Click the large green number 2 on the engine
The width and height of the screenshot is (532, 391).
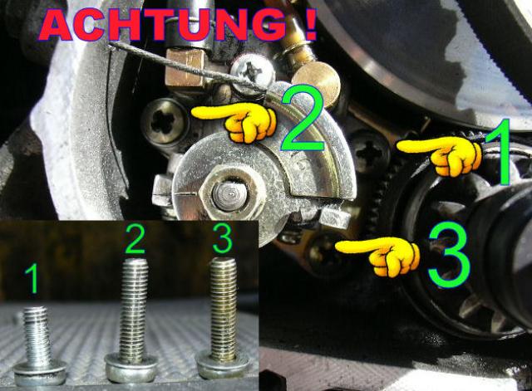[303, 118]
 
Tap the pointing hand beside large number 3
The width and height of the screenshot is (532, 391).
[377, 255]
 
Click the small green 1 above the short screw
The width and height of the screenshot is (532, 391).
[32, 279]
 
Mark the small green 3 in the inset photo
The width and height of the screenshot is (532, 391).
[223, 238]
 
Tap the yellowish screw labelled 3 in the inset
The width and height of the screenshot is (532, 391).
[224, 318]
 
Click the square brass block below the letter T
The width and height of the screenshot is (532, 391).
[185, 67]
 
